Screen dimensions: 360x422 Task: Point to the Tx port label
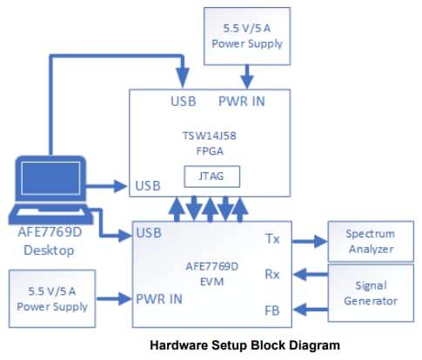(x=271, y=237)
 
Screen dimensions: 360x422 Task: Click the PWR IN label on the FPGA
(x=241, y=101)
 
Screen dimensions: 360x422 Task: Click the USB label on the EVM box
(x=150, y=233)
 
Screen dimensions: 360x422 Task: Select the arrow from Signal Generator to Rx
(x=310, y=275)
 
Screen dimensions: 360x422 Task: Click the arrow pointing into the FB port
(x=310, y=309)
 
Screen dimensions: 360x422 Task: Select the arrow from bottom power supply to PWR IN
(x=113, y=299)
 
